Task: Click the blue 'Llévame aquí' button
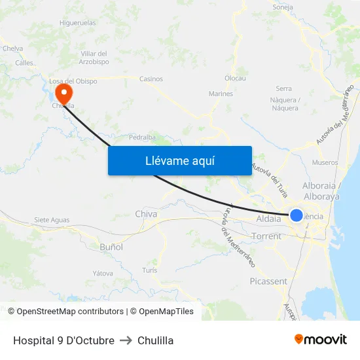[x=179, y=160]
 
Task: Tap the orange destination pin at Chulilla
[x=63, y=92]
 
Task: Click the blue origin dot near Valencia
[x=297, y=215]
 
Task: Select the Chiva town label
[x=146, y=214]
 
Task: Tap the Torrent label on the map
[x=266, y=236]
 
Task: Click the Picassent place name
[x=268, y=281]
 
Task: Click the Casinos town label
[x=151, y=79]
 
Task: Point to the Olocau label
[x=235, y=78]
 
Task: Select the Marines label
[x=221, y=94]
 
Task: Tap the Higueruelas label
[x=78, y=22]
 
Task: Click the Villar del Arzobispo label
[x=94, y=58]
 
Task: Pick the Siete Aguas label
[x=52, y=220]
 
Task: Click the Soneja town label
[x=282, y=8]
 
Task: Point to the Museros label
[x=325, y=162]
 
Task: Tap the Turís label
[x=149, y=270]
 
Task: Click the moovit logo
[x=320, y=340]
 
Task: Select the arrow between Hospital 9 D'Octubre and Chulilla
[x=126, y=340]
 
